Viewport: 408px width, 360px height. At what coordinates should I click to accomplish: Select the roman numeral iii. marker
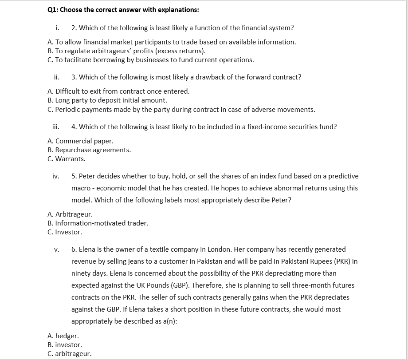point(56,127)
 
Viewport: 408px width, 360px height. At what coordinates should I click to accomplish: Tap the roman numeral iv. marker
point(56,176)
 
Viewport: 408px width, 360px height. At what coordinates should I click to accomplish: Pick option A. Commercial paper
point(80,141)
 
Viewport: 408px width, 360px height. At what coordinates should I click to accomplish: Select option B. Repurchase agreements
point(89,150)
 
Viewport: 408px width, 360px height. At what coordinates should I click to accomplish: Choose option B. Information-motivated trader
point(98,223)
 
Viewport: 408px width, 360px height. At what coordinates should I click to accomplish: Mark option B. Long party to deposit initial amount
point(107,100)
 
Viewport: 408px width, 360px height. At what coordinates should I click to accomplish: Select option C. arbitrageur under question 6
point(69,354)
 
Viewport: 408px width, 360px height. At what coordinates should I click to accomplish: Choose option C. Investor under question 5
point(64,232)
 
